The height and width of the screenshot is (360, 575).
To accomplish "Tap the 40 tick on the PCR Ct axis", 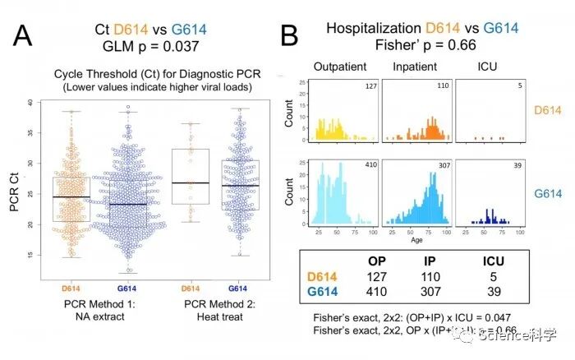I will coord(30,104).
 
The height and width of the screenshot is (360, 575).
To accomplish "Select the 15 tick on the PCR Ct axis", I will coord(30,256).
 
